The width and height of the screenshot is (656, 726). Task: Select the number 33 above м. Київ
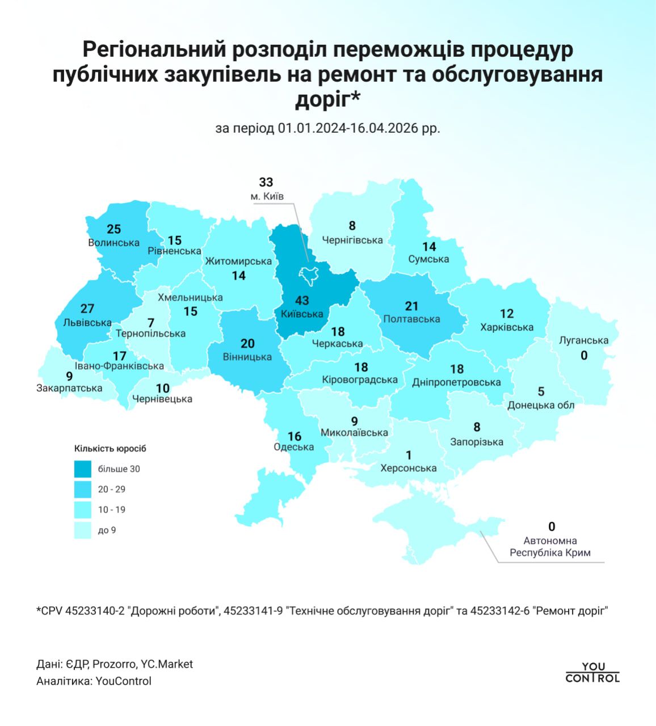(x=266, y=182)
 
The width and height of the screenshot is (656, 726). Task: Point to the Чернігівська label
(x=352, y=240)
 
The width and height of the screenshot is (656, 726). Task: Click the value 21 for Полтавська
(x=411, y=306)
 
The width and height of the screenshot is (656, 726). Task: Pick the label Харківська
(x=507, y=327)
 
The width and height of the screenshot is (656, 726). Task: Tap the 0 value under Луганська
(x=584, y=355)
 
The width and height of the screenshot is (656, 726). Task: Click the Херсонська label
(x=409, y=468)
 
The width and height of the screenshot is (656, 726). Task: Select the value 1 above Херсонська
(x=409, y=455)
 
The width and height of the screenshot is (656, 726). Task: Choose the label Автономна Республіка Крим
(x=550, y=547)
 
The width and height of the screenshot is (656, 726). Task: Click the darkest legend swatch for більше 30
(x=82, y=469)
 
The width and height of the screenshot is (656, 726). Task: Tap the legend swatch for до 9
(x=82, y=530)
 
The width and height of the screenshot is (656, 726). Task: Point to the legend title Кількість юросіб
(x=110, y=449)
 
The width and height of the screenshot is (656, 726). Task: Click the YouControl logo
(x=593, y=673)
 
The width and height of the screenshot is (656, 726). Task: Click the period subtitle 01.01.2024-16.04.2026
(x=328, y=128)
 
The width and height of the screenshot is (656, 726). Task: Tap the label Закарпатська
(x=69, y=389)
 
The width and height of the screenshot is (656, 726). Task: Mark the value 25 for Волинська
(x=113, y=229)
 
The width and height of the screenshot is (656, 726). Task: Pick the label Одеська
(x=293, y=447)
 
